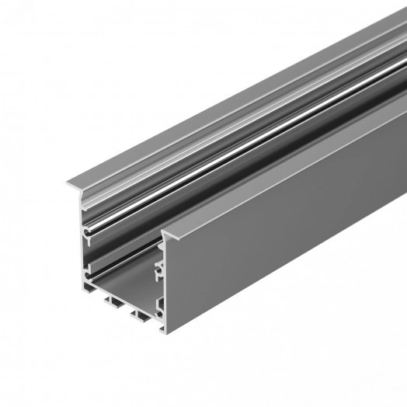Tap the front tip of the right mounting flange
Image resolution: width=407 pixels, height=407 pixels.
point(165,232)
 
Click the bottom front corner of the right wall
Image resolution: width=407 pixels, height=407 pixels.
point(165,332)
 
